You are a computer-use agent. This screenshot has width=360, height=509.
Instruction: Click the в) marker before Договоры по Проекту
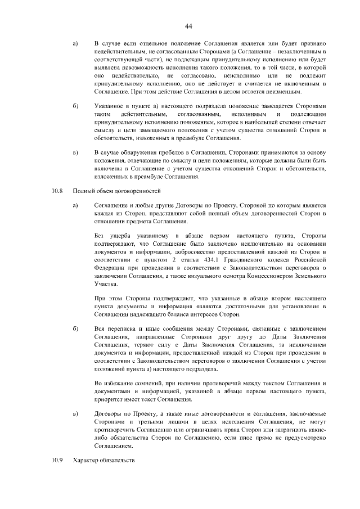(76, 413)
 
